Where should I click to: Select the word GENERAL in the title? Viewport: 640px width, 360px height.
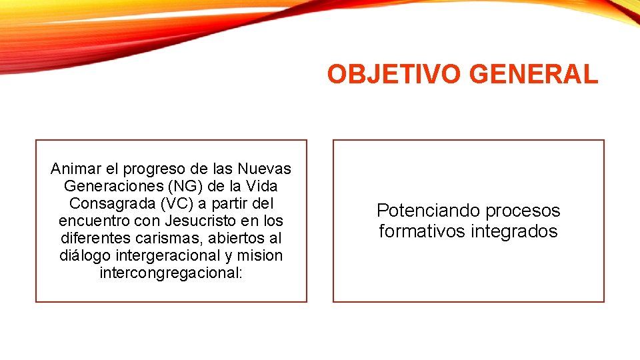pos(534,75)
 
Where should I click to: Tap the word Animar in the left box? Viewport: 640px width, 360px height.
pos(73,168)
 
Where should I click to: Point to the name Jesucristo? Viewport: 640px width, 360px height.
pos(206,220)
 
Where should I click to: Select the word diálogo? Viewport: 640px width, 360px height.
pos(84,255)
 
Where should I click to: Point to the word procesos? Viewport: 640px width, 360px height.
pos(523,211)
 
